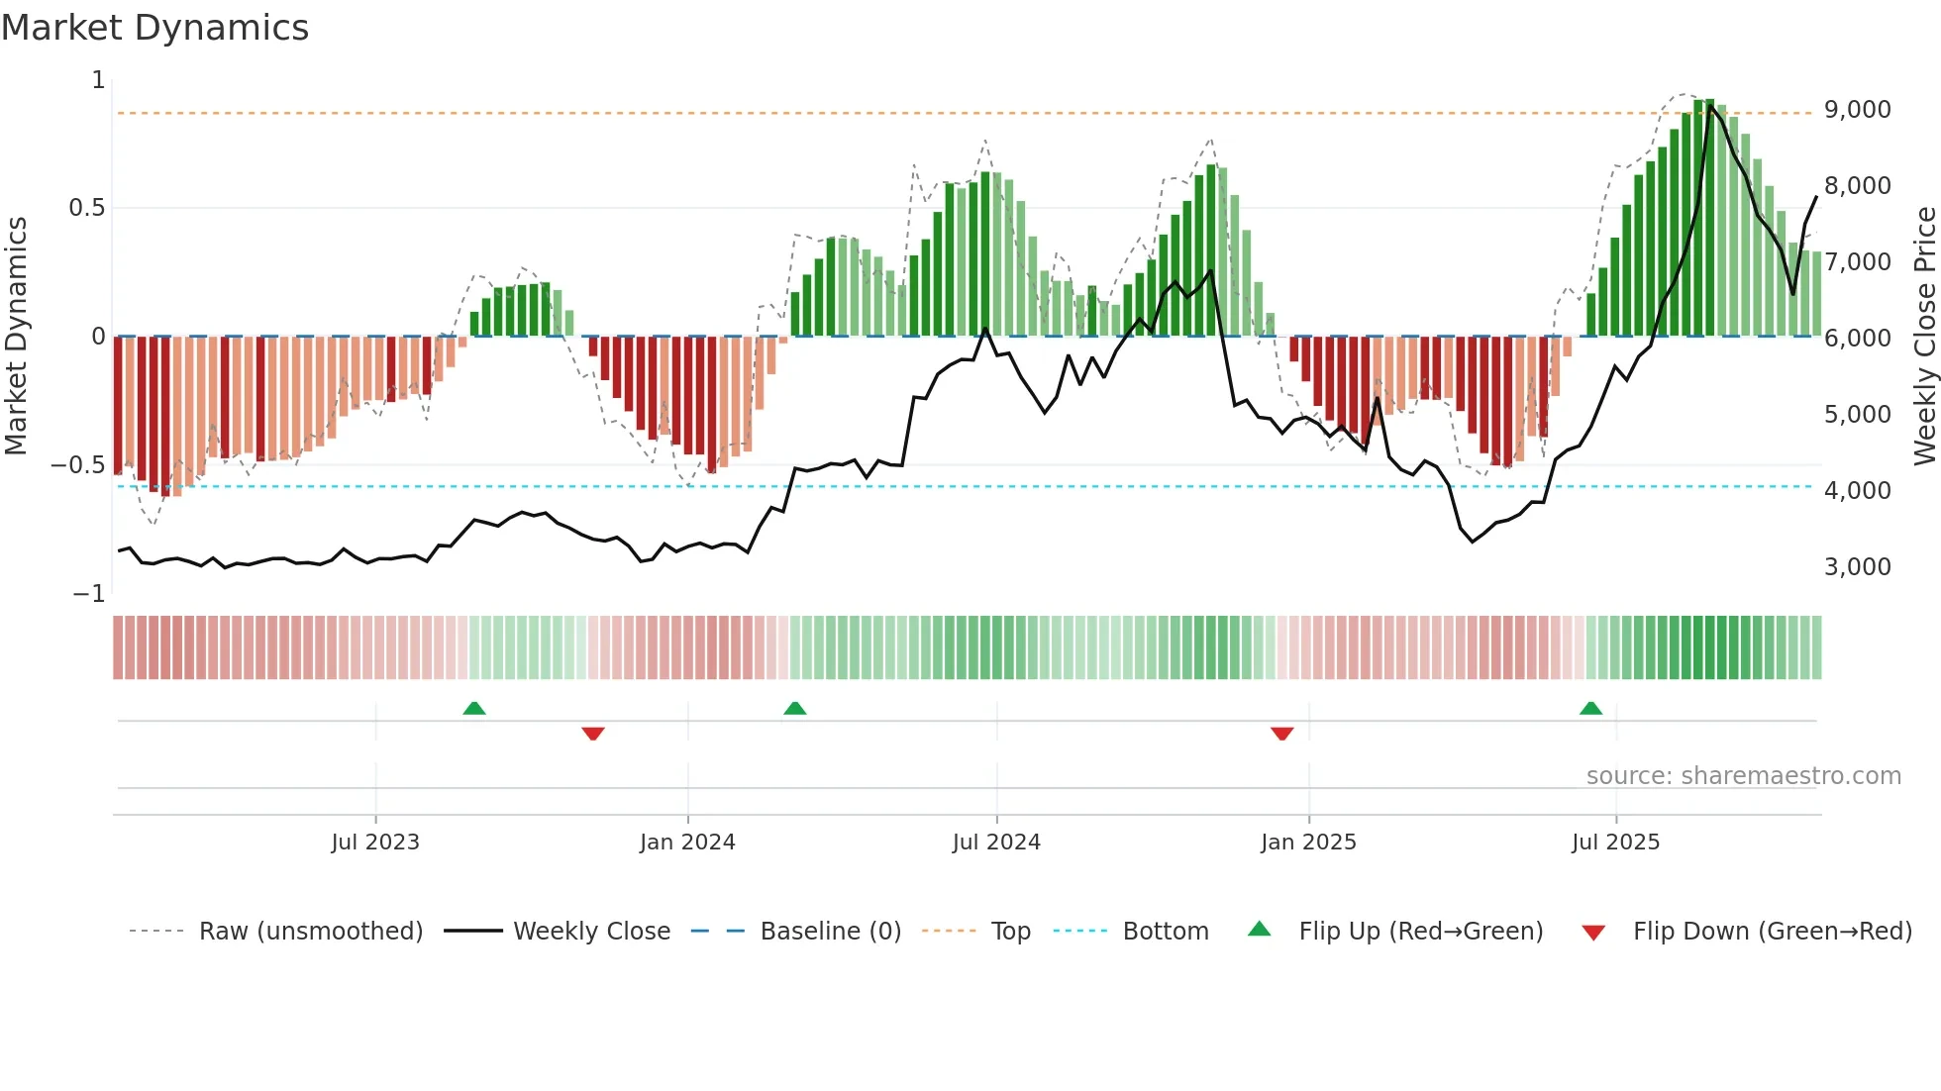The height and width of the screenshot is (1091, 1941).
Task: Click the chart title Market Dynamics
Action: pyautogui.click(x=154, y=28)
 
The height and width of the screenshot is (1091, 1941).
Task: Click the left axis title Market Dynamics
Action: pyautogui.click(x=16, y=336)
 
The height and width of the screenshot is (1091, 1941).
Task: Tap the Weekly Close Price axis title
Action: pyautogui.click(x=1924, y=336)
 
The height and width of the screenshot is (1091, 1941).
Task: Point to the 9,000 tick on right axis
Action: pyautogui.click(x=1857, y=110)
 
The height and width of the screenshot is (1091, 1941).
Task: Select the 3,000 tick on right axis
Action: pyautogui.click(x=1857, y=567)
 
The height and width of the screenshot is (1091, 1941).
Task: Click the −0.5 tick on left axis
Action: pyautogui.click(x=78, y=465)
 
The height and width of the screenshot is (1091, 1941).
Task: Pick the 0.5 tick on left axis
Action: pyautogui.click(x=86, y=208)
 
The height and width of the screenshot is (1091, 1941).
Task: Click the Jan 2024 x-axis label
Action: pyautogui.click(x=687, y=843)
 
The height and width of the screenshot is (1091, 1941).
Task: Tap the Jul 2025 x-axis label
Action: pyautogui.click(x=1615, y=843)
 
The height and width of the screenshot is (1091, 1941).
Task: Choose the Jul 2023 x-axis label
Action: pyautogui.click(x=375, y=843)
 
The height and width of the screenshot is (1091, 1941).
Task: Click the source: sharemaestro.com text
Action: pyautogui.click(x=1743, y=776)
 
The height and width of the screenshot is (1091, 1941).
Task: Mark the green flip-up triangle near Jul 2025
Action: pyautogui.click(x=1590, y=709)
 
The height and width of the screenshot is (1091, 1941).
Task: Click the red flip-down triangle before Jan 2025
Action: pyautogui.click(x=1281, y=734)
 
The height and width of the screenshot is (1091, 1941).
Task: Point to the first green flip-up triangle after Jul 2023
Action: pyautogui.click(x=474, y=709)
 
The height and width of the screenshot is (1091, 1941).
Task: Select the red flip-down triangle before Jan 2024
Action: pyautogui.click(x=593, y=734)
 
